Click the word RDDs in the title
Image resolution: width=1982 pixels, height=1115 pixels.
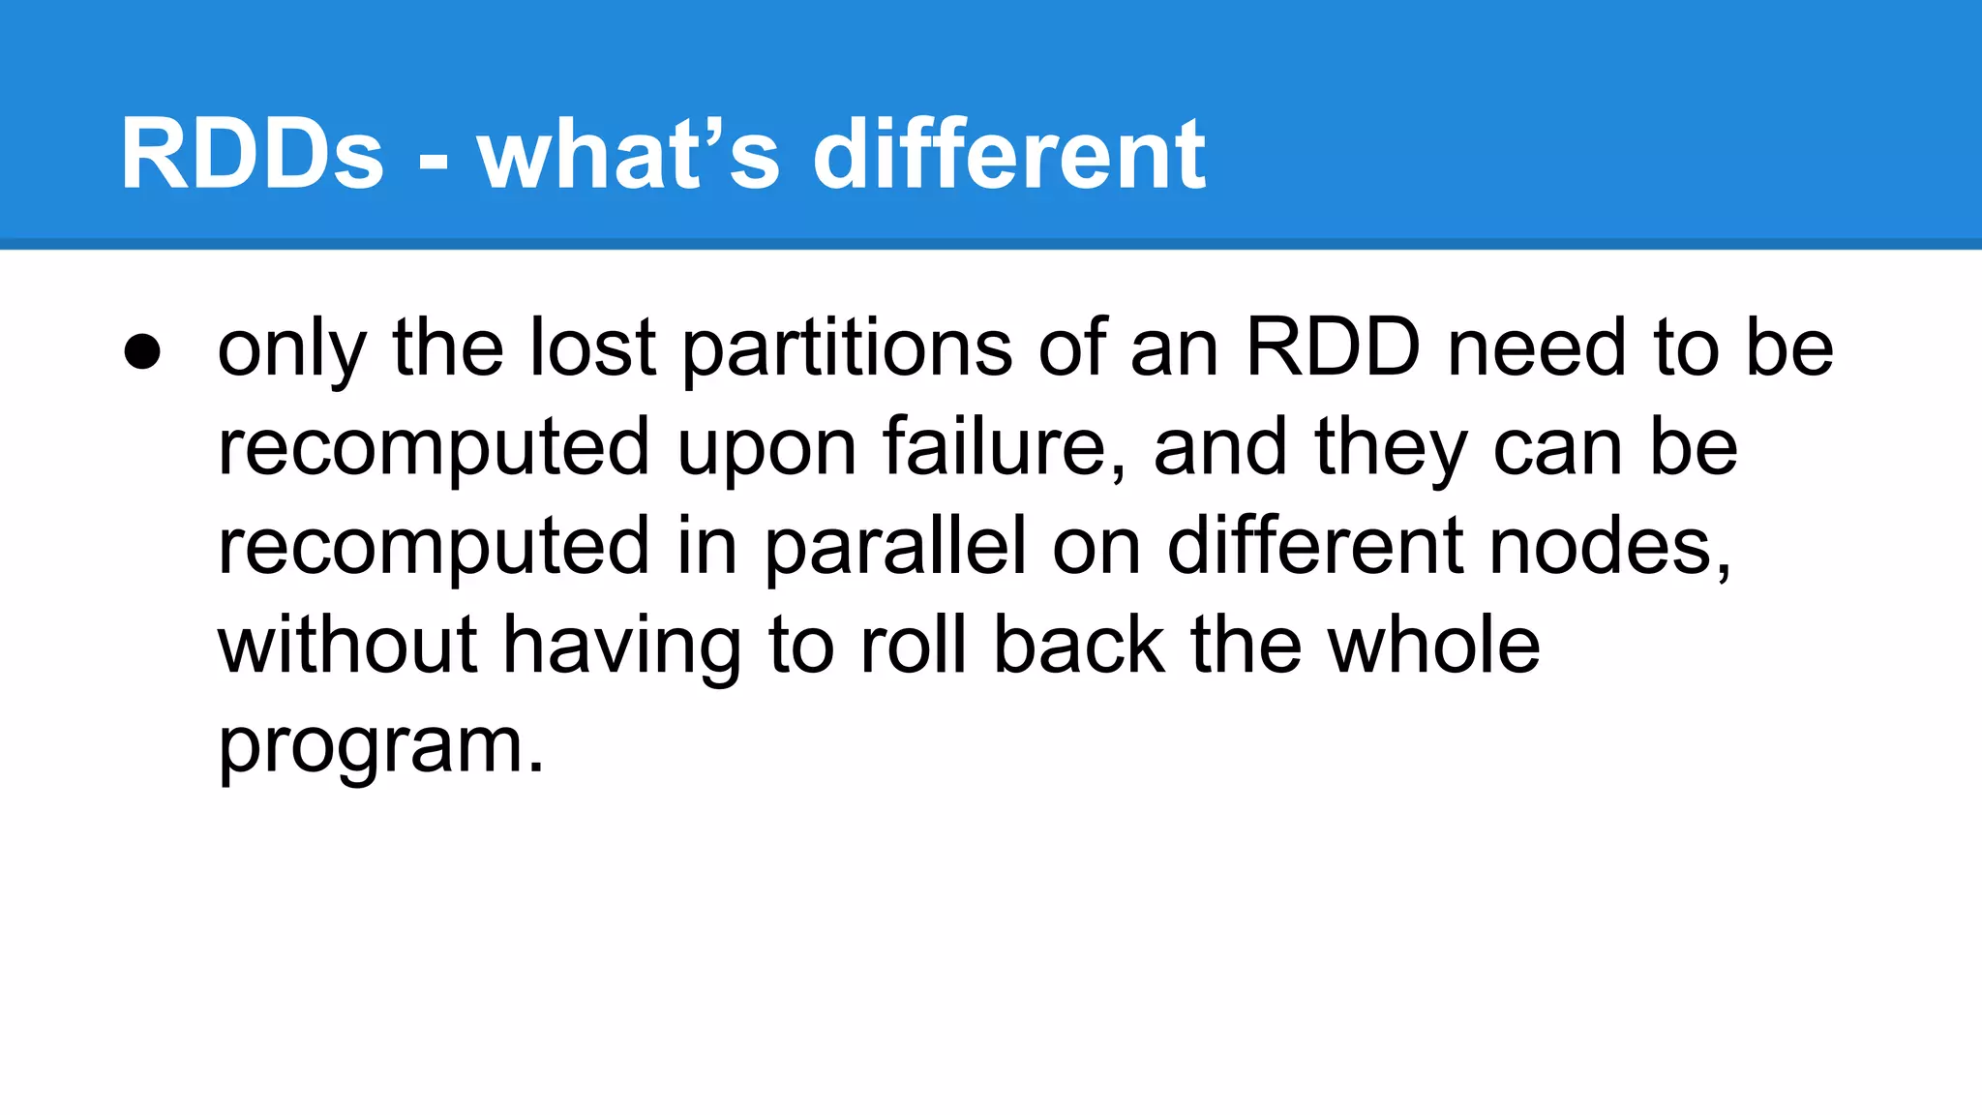[252, 155]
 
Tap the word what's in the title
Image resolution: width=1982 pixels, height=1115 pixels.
[628, 155]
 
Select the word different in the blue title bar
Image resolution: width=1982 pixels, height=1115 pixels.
[1009, 155]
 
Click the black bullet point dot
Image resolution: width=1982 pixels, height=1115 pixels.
[142, 353]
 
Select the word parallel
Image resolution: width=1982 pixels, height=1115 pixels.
[895, 550]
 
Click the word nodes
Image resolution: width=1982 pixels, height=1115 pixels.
[1609, 548]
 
